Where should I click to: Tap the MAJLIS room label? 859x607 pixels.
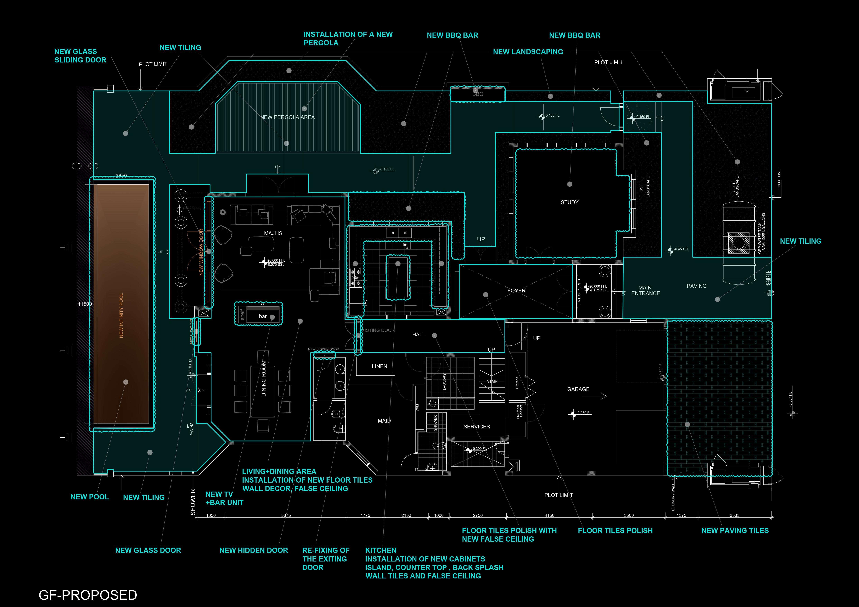coord(273,233)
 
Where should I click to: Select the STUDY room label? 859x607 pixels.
coord(569,202)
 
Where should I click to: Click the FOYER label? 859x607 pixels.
coord(516,290)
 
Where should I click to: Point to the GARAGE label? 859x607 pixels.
coord(578,389)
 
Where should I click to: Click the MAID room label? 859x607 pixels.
coord(384,421)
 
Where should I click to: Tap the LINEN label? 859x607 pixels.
coord(379,366)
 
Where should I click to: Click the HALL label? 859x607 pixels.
coord(419,335)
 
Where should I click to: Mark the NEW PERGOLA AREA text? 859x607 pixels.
coord(287,117)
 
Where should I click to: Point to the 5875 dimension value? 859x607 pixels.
coord(286,515)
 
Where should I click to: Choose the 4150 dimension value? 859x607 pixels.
coord(549,515)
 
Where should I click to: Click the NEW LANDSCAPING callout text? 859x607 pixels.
coord(528,52)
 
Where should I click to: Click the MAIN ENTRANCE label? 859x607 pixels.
coord(645,290)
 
